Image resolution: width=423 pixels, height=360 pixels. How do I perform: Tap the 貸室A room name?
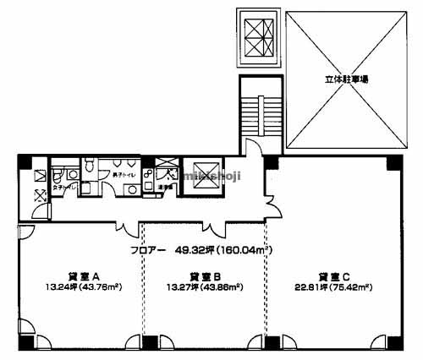pos(85,275)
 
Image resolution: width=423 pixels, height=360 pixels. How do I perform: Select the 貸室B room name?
pos(206,275)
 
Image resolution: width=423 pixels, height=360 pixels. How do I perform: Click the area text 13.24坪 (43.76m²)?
pos(85,286)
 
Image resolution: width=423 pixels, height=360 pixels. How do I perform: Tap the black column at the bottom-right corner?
pos(392,342)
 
